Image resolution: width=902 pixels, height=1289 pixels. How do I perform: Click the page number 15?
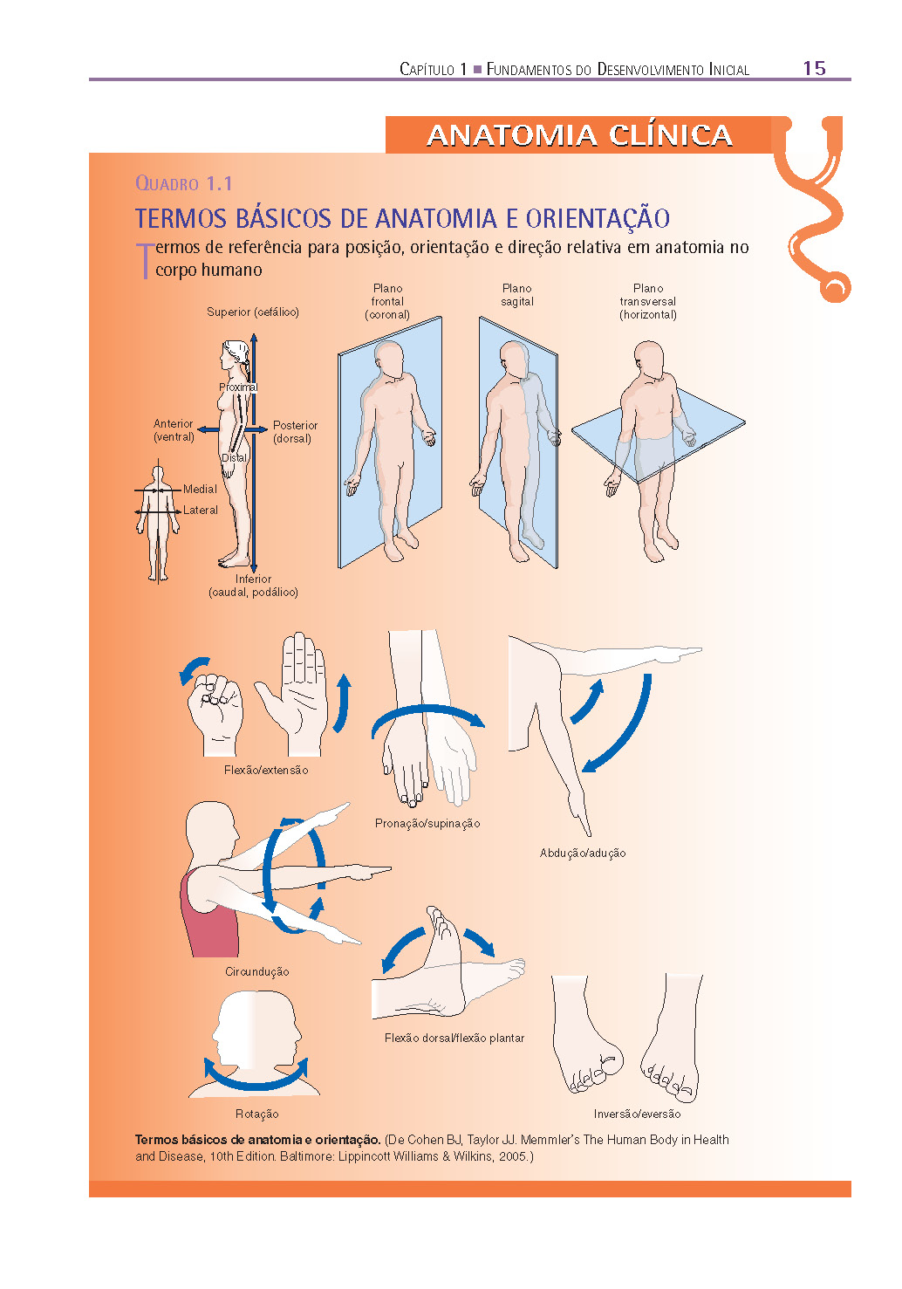[x=814, y=68]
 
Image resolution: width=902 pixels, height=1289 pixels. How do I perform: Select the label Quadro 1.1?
[x=183, y=183]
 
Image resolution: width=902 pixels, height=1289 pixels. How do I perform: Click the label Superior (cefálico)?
[x=252, y=312]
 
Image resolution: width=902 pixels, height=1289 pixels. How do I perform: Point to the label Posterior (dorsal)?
[x=295, y=432]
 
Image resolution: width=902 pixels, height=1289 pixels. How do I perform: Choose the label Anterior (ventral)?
[x=174, y=430]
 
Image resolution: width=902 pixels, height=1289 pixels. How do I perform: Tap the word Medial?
[x=200, y=489]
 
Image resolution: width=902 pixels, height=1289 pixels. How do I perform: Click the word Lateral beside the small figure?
[x=200, y=510]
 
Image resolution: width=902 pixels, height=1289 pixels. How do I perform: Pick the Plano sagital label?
[x=516, y=295]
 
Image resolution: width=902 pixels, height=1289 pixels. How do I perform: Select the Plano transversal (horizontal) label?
[x=648, y=302]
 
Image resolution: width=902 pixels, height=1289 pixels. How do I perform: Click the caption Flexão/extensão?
[x=266, y=770]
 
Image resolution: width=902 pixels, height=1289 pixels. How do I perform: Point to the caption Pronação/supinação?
[x=427, y=824]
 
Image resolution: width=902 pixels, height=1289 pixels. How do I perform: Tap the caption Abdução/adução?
[x=582, y=853]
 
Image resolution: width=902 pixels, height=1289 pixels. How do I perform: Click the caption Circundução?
[x=256, y=971]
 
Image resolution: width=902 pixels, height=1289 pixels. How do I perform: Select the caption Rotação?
[x=256, y=1114]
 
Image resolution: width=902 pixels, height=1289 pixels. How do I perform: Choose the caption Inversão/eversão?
[x=637, y=1114]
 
